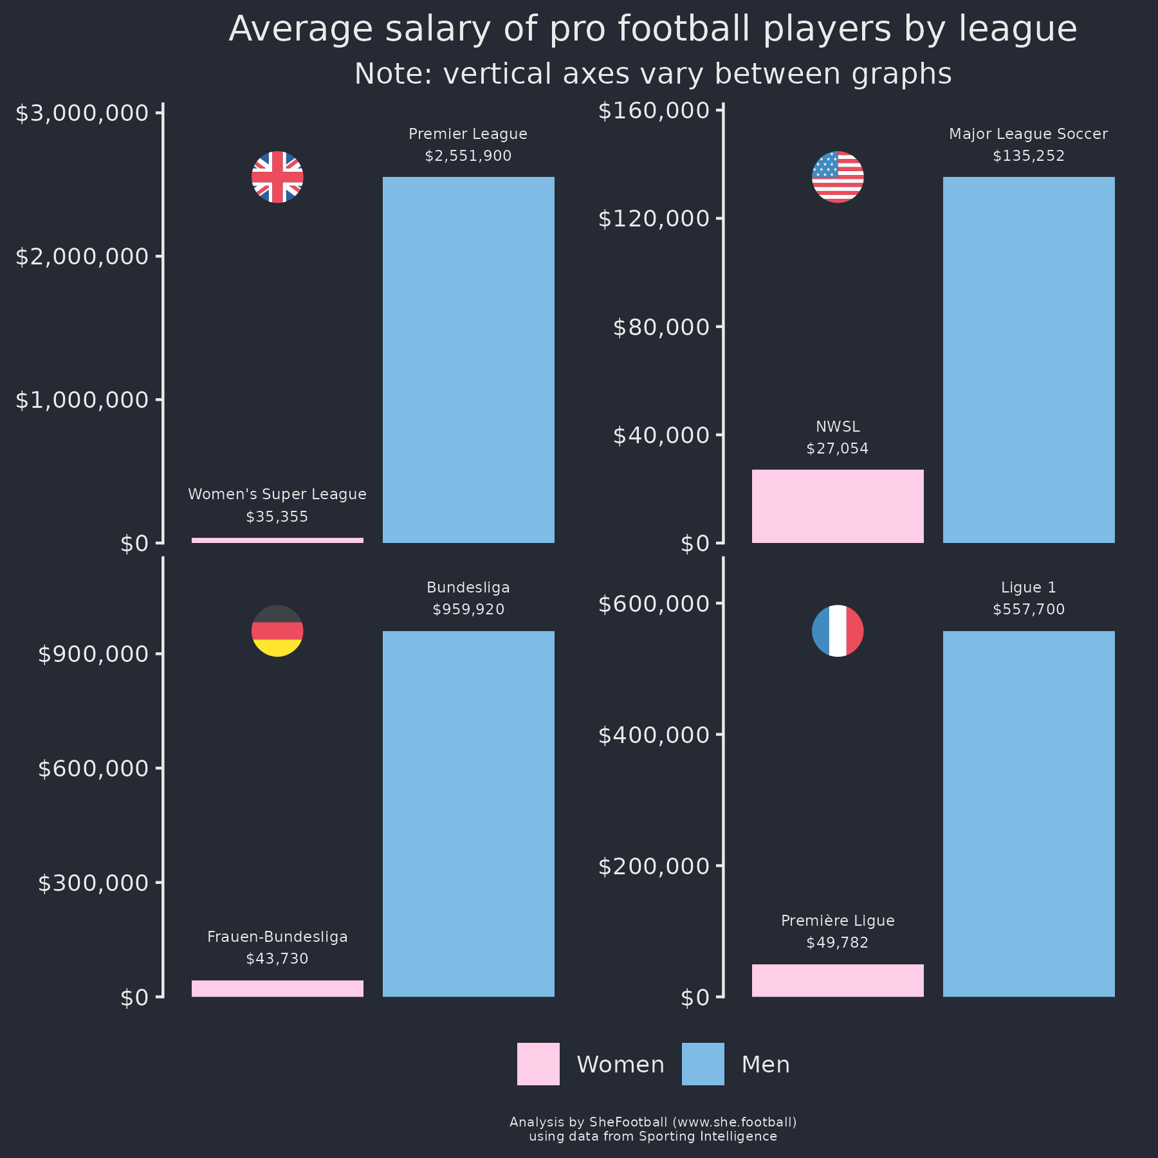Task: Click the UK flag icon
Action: coord(277,177)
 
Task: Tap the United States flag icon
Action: coord(838,177)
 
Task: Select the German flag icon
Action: coord(277,630)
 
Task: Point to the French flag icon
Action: coord(838,630)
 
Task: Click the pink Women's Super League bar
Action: coord(277,540)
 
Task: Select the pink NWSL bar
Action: coord(838,506)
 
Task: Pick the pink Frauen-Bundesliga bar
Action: coord(277,988)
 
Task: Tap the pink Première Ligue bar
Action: coord(838,980)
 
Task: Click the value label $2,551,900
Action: coord(468,156)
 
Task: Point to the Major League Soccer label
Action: coord(1028,134)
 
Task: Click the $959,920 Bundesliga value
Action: coord(468,609)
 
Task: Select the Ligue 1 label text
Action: coord(1028,587)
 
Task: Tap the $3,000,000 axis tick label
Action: coord(82,114)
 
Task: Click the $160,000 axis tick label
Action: coord(654,111)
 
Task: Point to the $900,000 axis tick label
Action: coord(93,654)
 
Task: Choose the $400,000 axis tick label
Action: coord(654,735)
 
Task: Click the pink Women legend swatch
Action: coord(538,1064)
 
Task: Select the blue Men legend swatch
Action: coord(703,1064)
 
